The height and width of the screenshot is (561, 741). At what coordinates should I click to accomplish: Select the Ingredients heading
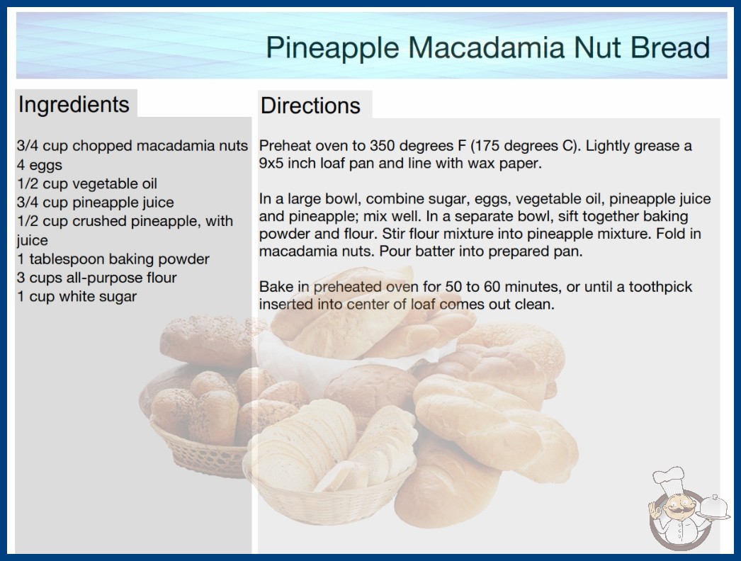pos(74,105)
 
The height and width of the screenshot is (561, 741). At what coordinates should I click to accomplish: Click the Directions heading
pos(310,106)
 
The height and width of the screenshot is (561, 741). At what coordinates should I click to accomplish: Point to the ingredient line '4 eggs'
pos(40,166)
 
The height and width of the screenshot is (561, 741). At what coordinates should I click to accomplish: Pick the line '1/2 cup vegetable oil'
pos(87,183)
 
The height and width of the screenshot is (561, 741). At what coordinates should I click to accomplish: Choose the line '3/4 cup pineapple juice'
pos(96,203)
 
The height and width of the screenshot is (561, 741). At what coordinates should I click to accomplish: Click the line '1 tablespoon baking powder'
pos(113,259)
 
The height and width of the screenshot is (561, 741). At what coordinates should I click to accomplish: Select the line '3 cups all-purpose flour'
pos(97,278)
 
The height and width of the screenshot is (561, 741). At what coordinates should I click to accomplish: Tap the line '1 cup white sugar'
pos(77,296)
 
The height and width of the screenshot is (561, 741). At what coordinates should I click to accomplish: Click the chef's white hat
pos(669,480)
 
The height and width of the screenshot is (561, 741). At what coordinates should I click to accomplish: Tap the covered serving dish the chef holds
pos(714,507)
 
